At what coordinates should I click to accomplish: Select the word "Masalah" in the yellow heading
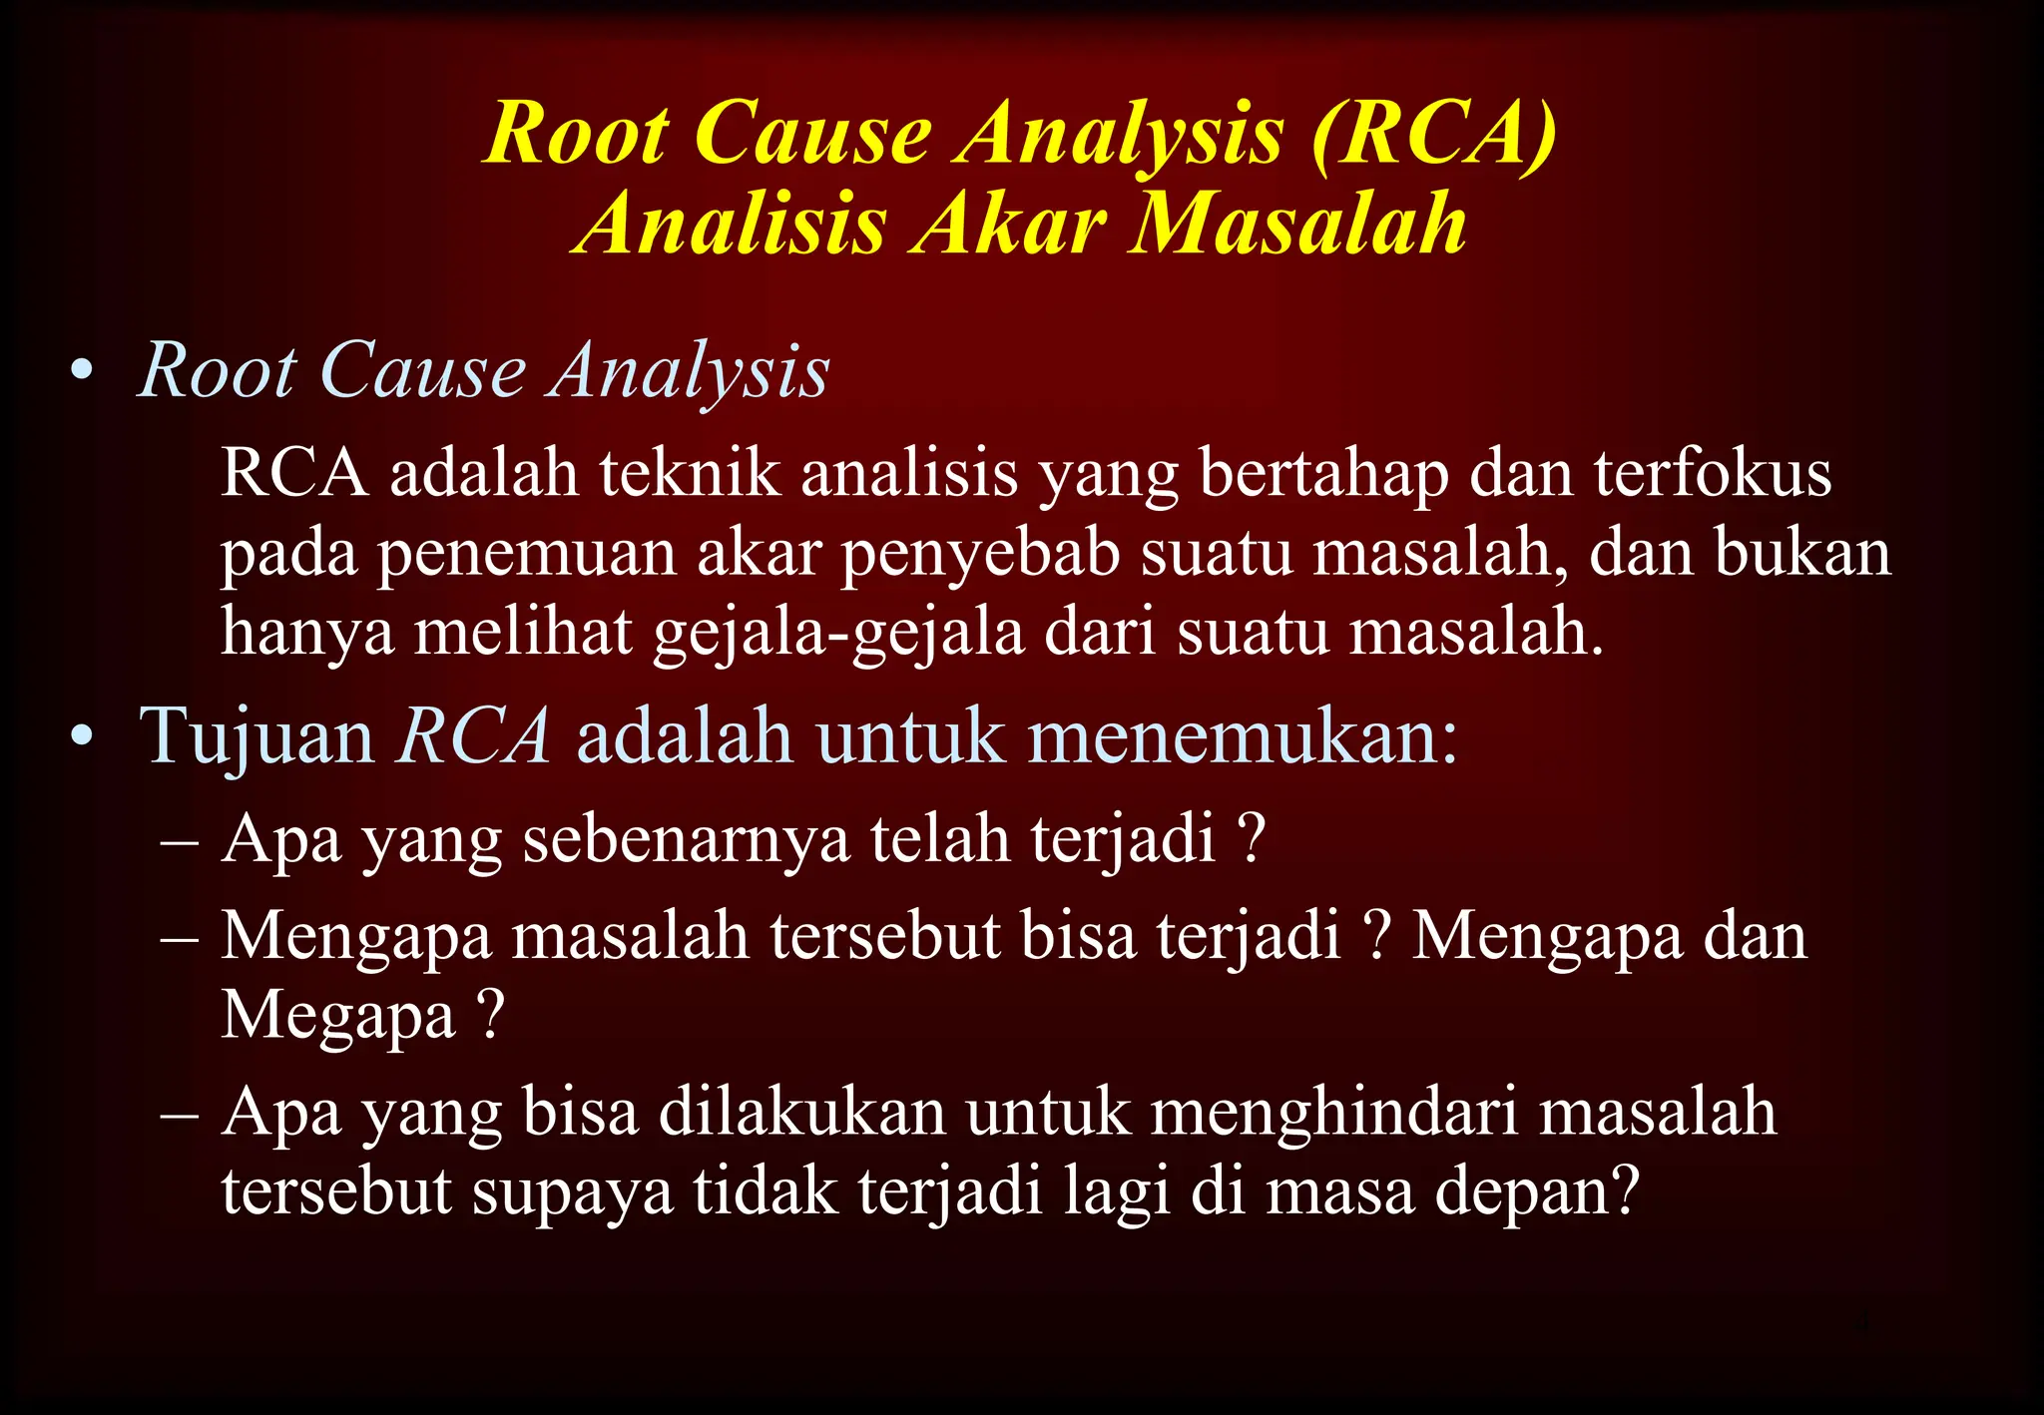tap(1297, 224)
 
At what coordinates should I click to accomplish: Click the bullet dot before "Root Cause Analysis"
tap(83, 373)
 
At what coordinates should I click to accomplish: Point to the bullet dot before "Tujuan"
tap(83, 738)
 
